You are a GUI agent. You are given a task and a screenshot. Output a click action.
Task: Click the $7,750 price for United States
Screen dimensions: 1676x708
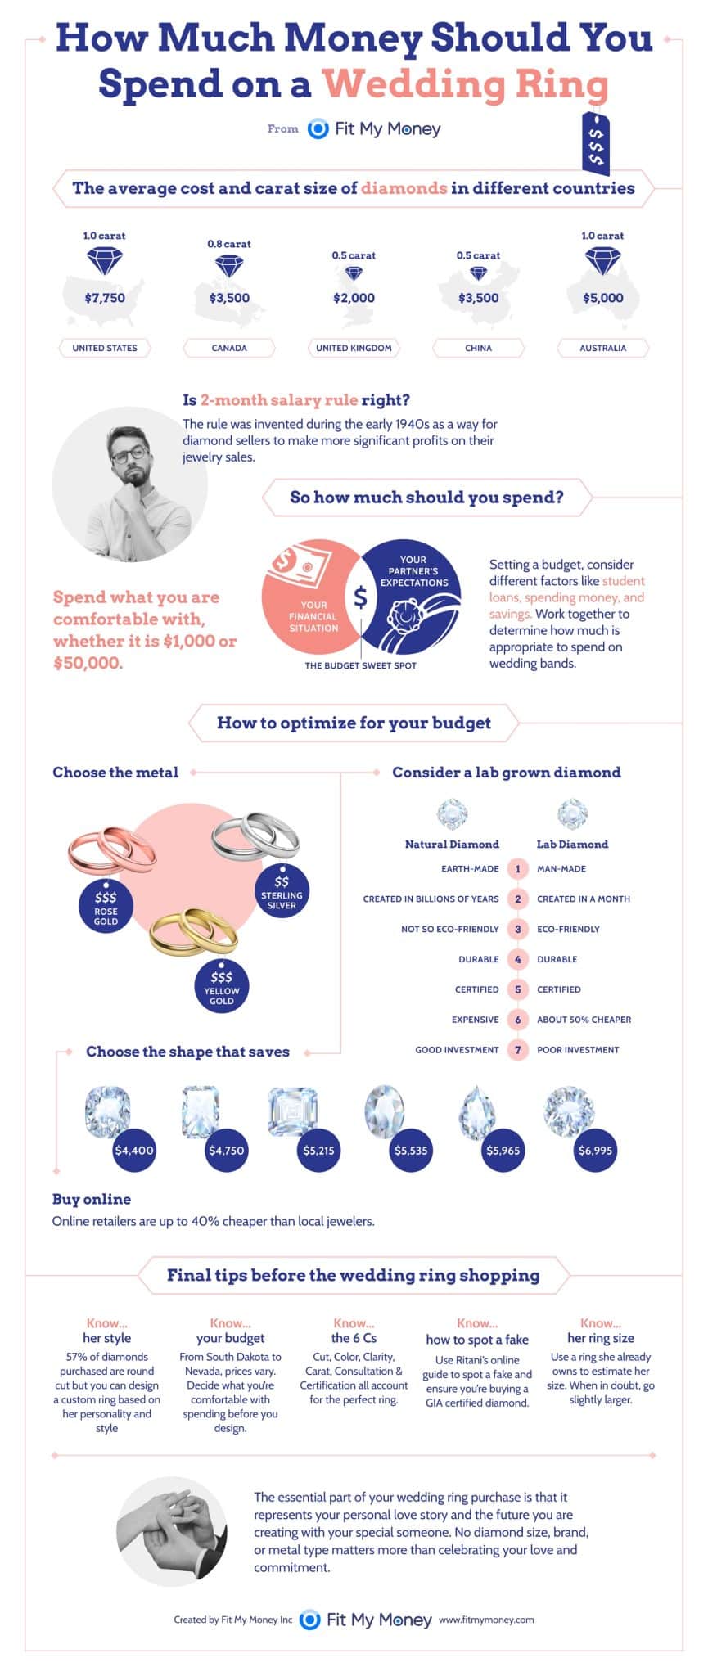pyautogui.click(x=105, y=298)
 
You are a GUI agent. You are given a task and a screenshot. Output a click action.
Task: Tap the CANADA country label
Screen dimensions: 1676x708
pyautogui.click(x=229, y=348)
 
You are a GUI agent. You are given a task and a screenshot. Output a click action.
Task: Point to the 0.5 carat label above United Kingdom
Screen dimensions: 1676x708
pyautogui.click(x=354, y=255)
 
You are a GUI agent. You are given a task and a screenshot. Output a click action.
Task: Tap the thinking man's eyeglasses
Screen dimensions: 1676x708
pyautogui.click(x=129, y=453)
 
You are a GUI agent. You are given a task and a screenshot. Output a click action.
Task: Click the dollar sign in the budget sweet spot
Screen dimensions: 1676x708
pyautogui.click(x=360, y=597)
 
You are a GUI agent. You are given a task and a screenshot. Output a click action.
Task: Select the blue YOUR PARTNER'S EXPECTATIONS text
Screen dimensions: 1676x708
pyautogui.click(x=413, y=571)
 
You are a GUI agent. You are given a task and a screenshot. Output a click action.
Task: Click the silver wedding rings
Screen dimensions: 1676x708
pyautogui.click(x=255, y=836)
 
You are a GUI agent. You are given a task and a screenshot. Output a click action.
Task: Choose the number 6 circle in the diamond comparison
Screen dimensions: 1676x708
pyautogui.click(x=517, y=1020)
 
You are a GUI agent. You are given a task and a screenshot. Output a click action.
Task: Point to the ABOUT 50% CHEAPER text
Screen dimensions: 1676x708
pyautogui.click(x=584, y=1020)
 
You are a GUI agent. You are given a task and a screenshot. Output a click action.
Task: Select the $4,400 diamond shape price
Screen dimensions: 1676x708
pyautogui.click(x=134, y=1150)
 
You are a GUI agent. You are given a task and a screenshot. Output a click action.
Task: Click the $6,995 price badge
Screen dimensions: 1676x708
pyautogui.click(x=595, y=1150)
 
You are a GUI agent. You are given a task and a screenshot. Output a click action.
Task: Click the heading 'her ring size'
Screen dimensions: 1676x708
pyautogui.click(x=601, y=1338)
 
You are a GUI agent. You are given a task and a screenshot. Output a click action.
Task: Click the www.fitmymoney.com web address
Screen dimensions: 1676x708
pyautogui.click(x=486, y=1619)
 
